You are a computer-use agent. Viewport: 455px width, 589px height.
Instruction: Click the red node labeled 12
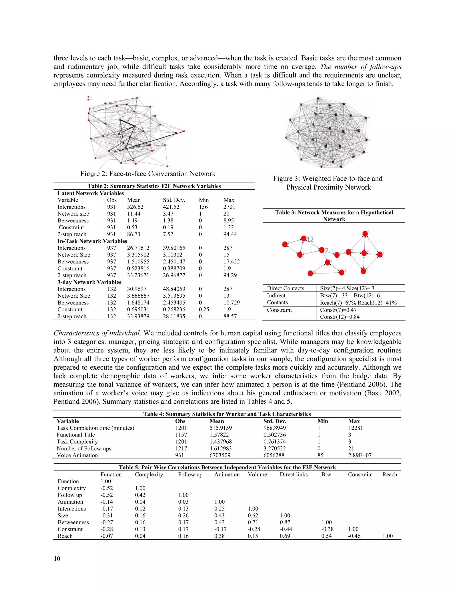[304, 238]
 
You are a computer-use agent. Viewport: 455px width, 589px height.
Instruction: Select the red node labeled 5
[365, 234]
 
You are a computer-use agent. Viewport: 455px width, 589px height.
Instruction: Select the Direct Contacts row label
[285, 288]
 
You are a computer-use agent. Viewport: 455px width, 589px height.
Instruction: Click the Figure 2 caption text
[148, 174]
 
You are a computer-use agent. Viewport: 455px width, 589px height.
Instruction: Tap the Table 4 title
[227, 414]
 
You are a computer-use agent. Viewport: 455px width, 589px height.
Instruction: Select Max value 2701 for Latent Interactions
[229, 207]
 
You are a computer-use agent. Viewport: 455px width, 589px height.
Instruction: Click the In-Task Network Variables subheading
[92, 241]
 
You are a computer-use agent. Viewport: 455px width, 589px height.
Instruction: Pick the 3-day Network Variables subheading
[89, 282]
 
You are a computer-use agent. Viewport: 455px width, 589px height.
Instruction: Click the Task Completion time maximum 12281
[355, 428]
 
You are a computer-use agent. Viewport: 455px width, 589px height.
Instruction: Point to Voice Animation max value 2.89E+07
[360, 455]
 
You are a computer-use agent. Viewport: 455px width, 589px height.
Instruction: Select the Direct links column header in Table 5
[293, 474]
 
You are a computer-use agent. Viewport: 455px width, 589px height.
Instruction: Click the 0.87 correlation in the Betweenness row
[285, 522]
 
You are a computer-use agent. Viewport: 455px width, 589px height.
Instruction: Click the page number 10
[57, 559]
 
